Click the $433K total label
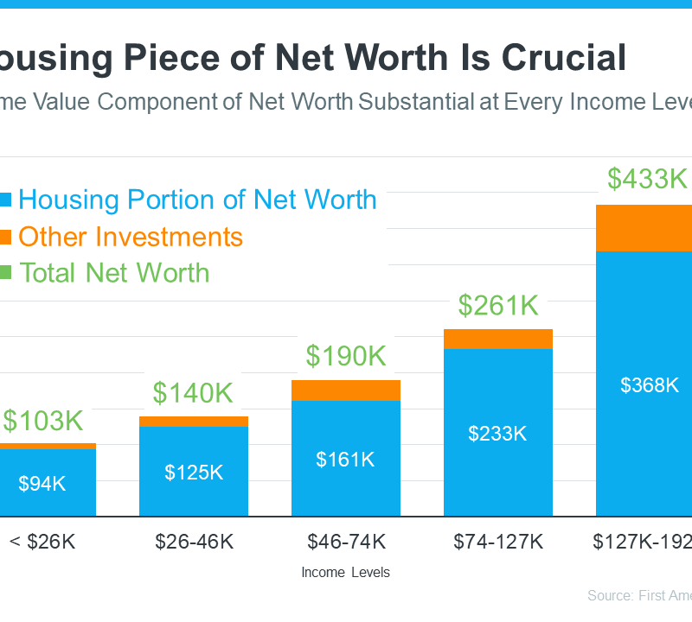tap(646, 179)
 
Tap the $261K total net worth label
tap(498, 305)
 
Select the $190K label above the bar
tap(346, 356)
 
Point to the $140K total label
tap(194, 393)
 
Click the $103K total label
tap(42, 421)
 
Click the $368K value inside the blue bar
tap(650, 385)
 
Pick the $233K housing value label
tap(497, 434)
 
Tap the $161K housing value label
tap(345, 459)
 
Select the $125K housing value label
tap(194, 473)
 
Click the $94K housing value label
tap(42, 484)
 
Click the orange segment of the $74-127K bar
tap(498, 339)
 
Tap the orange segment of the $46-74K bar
tap(346, 390)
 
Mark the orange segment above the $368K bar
tap(644, 228)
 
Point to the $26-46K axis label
tap(194, 542)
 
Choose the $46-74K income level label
tap(345, 542)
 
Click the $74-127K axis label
tap(497, 542)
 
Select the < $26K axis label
tap(42, 542)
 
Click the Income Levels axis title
tap(345, 572)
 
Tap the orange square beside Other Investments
tap(5, 236)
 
